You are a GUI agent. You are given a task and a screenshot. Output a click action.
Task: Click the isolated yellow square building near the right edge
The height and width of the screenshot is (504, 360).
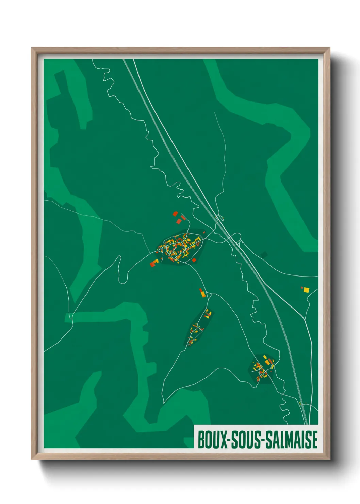306,290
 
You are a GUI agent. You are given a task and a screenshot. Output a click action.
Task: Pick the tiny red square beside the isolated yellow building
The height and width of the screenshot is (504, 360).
302,288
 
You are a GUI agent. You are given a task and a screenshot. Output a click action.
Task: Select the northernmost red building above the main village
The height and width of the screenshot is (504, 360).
175,214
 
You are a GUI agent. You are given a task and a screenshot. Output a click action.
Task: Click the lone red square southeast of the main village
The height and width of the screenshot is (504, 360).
194,260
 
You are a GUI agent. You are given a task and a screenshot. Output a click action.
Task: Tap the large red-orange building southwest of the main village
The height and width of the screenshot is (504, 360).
154,263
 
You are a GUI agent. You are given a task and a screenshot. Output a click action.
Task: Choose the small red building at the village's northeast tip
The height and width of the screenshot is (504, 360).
204,232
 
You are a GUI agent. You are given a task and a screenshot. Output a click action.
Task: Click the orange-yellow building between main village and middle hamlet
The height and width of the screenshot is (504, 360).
202,293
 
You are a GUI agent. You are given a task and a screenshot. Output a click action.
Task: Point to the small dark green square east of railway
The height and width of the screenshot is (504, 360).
265,254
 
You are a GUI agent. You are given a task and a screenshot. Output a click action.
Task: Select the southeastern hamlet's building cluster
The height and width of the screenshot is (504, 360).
262,369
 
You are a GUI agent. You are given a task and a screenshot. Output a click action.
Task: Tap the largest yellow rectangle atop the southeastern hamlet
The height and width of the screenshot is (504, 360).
265,357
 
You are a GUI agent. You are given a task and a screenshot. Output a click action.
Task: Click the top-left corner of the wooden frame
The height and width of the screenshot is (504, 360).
32,48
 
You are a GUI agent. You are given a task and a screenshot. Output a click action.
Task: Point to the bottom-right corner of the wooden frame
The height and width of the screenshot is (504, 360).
329,459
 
